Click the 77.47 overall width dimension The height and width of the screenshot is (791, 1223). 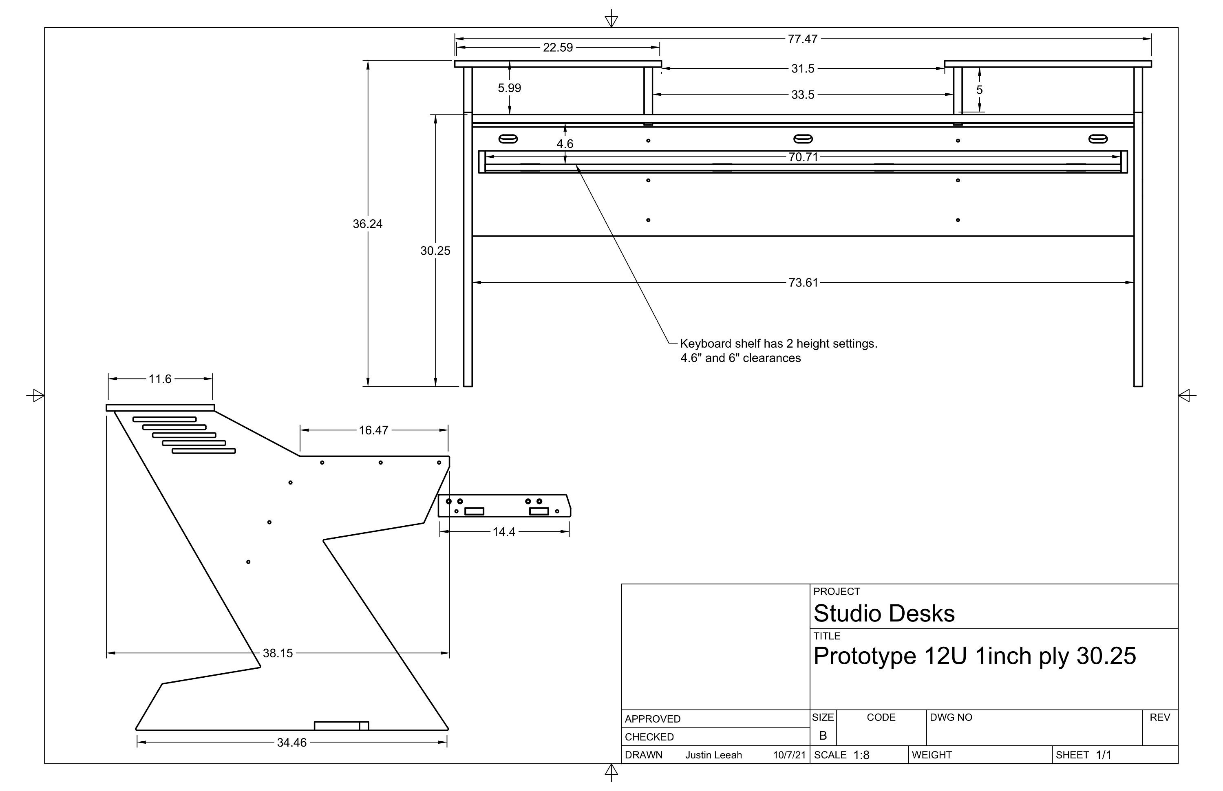click(x=802, y=39)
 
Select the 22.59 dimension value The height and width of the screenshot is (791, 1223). click(x=558, y=48)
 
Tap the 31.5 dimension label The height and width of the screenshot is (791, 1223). click(x=803, y=69)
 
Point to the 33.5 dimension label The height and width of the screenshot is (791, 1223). click(x=803, y=95)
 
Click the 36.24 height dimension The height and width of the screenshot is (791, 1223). click(x=367, y=224)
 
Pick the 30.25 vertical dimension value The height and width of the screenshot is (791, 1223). click(x=435, y=251)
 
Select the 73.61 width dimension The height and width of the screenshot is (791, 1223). click(x=803, y=282)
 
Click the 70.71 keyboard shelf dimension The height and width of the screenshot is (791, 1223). click(x=803, y=157)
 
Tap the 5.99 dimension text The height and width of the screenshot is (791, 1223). click(x=509, y=88)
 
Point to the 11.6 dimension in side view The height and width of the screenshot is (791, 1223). click(x=160, y=379)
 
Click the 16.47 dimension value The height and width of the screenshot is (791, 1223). click(x=373, y=430)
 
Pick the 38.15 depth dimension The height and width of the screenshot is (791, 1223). click(x=278, y=653)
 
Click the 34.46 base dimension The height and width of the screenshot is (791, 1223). click(x=291, y=743)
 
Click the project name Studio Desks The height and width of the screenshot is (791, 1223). click(x=884, y=613)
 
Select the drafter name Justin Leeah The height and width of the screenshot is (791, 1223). click(x=713, y=755)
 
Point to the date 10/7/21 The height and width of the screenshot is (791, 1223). click(x=789, y=755)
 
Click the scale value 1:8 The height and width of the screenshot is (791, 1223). click(x=861, y=755)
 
